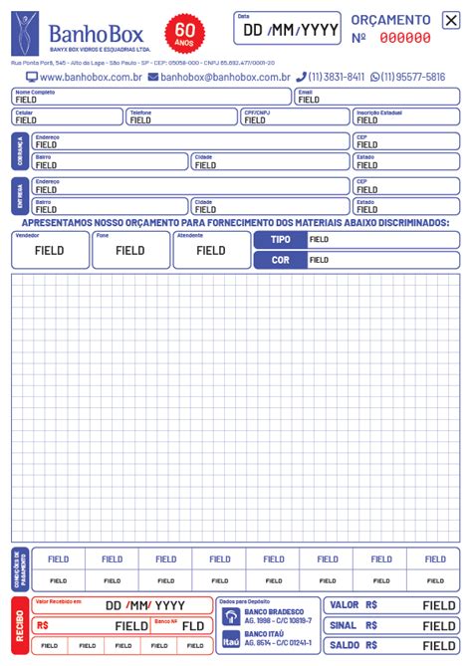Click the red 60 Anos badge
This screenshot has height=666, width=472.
(x=184, y=32)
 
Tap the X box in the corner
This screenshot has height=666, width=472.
(x=451, y=20)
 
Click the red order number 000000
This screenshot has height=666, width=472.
(x=405, y=38)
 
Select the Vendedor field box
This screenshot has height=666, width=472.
(x=49, y=251)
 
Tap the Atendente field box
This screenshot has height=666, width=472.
(x=211, y=251)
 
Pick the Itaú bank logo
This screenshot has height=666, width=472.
(x=231, y=640)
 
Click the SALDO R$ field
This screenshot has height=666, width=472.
(x=393, y=646)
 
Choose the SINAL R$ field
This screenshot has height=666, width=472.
(x=393, y=625)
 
